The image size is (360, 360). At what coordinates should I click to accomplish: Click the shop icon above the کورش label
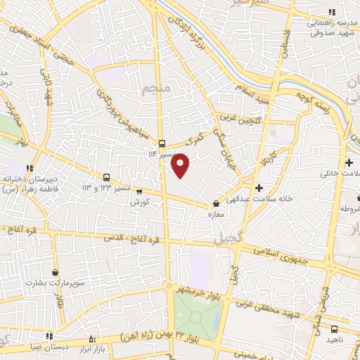point(139,191)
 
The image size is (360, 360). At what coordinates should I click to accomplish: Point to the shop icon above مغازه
point(216,204)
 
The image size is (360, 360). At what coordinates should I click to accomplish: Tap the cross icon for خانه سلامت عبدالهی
point(259,188)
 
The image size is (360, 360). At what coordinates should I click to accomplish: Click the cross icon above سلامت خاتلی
point(349,162)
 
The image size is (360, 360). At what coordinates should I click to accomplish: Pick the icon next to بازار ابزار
point(91,340)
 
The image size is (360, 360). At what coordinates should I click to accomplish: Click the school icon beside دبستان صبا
point(49,336)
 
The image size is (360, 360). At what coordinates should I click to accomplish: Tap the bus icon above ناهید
point(334,328)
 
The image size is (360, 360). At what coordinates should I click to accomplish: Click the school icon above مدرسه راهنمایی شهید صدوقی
point(333,12)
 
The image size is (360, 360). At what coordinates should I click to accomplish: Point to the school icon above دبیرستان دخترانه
point(30,168)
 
